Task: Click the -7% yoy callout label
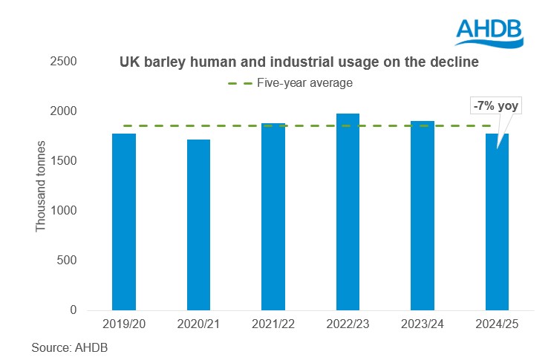point(497,106)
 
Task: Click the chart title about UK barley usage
point(299,64)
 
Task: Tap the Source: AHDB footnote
point(65,346)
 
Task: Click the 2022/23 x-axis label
point(348,325)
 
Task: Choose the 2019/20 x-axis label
point(124,325)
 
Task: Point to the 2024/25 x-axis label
point(497,325)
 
